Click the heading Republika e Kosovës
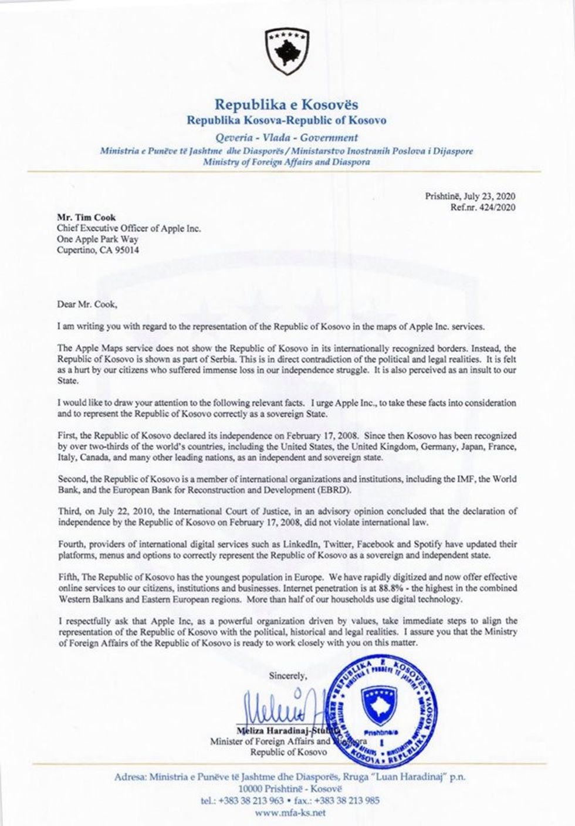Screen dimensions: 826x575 [287, 106]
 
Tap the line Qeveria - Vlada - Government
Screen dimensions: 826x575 [287, 138]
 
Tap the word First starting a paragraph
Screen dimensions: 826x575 [66, 436]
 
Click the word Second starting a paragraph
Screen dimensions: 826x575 [71, 479]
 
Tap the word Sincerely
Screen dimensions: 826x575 [288, 675]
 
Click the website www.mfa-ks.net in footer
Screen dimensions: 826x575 [287, 813]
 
